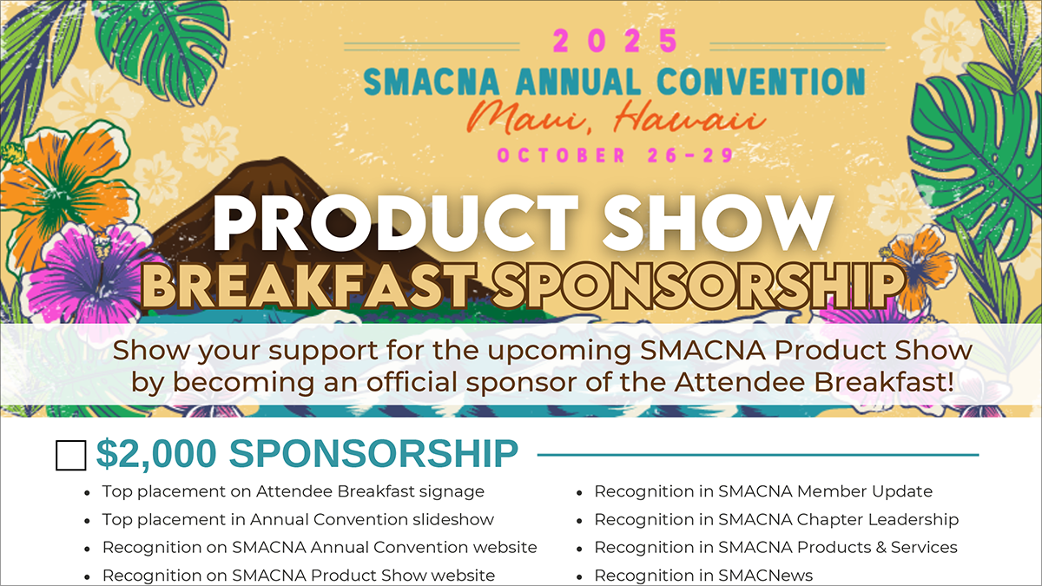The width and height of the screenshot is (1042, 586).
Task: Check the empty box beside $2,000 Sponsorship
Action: coord(70,455)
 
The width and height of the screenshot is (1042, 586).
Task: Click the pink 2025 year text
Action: coord(616,41)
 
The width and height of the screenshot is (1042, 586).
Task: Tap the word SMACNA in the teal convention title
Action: coord(432,82)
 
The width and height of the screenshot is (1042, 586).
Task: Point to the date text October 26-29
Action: coord(616,155)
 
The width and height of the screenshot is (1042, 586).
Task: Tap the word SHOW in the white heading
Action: coord(717,222)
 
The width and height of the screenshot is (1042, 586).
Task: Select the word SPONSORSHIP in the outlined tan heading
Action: coord(698,286)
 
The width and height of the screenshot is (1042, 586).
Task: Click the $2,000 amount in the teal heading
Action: coord(156,454)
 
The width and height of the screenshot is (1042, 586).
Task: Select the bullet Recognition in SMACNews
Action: coord(703,576)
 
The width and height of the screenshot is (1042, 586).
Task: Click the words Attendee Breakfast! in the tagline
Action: coord(814,382)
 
